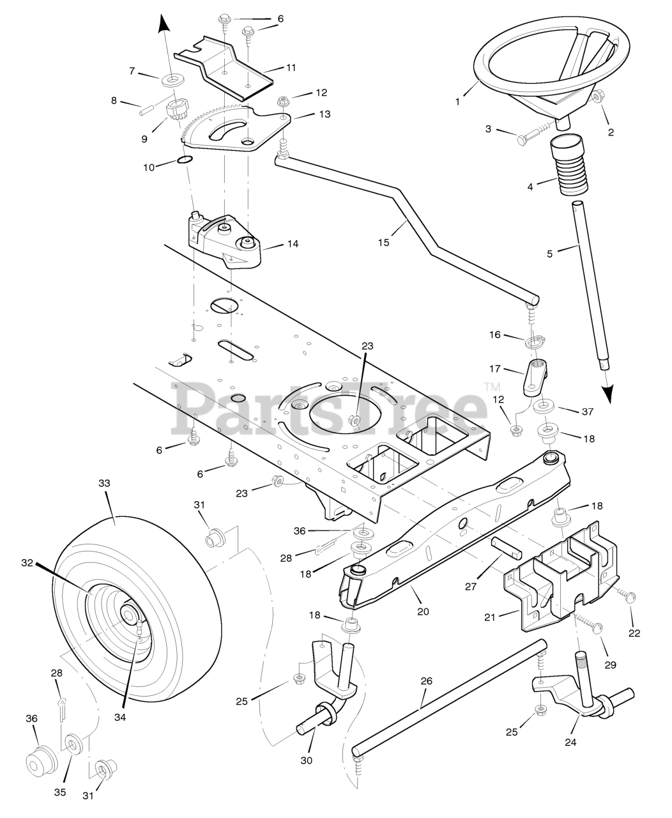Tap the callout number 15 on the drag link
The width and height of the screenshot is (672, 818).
tap(383, 242)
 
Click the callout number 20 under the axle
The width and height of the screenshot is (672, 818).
tap(422, 611)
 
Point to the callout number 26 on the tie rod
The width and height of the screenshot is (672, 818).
tap(426, 681)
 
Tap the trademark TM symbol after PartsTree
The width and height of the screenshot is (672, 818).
tap(492, 386)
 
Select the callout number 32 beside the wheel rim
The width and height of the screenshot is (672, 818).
tap(26, 562)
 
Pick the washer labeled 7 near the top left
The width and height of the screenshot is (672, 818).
tap(171, 81)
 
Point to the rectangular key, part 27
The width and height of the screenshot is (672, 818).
tap(505, 549)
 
